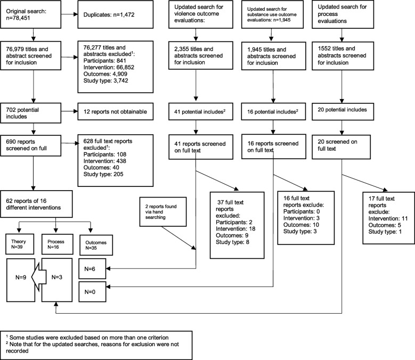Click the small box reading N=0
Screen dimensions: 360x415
click(94, 291)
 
